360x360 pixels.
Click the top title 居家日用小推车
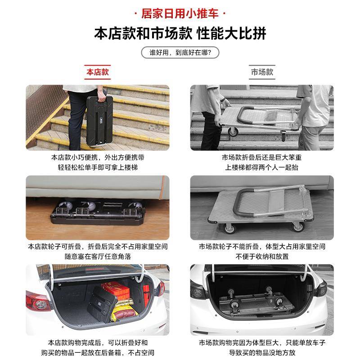click(x=180, y=13)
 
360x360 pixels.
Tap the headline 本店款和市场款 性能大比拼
click(x=180, y=34)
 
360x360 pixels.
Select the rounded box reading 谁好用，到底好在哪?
click(x=180, y=53)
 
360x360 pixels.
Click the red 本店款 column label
click(x=98, y=72)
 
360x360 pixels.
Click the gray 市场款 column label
click(x=262, y=72)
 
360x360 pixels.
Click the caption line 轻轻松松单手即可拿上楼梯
click(x=98, y=167)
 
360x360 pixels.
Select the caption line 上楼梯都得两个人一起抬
click(x=262, y=167)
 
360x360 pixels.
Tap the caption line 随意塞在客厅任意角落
click(x=98, y=256)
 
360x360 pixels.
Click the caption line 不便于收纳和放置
click(x=262, y=256)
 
